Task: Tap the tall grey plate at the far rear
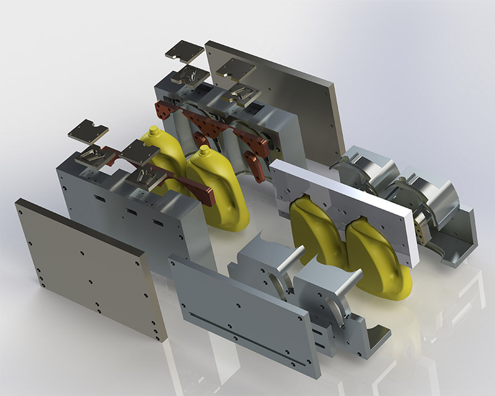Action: [278, 93]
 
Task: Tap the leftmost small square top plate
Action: [88, 132]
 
